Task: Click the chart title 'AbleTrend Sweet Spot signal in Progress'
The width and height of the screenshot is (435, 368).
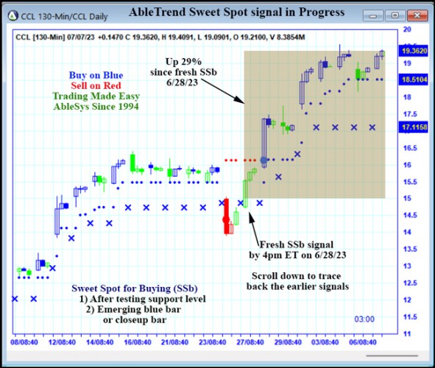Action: [x=236, y=13]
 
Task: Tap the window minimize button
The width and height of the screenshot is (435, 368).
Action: [x=376, y=14]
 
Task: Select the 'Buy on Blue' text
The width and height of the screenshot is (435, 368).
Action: [x=96, y=75]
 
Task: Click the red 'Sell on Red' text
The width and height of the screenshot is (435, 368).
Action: [x=96, y=85]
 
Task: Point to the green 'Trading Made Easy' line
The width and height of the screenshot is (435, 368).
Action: [x=96, y=96]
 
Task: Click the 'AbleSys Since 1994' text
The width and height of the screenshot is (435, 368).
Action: [x=96, y=106]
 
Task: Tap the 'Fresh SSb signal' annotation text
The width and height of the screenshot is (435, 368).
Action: [x=295, y=244]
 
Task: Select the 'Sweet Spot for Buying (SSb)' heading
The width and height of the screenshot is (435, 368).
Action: [x=135, y=289]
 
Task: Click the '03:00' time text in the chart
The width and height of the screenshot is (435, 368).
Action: [x=364, y=319]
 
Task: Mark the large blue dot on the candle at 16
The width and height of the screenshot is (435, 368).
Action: [x=264, y=160]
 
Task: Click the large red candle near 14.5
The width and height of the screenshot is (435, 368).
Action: [x=226, y=216]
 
